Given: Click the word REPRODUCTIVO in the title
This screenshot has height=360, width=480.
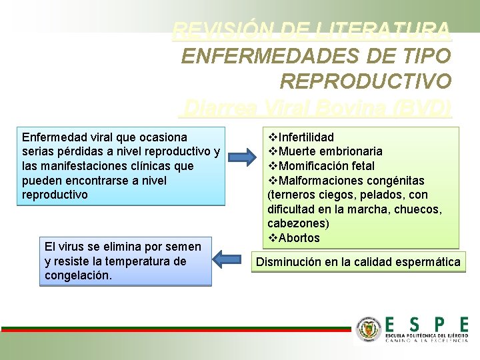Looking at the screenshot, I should tap(365, 80).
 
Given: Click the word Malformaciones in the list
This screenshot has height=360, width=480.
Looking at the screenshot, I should tap(317, 181).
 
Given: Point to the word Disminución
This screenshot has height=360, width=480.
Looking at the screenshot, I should tap(289, 262).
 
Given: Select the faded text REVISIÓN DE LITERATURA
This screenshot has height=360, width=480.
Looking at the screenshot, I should tap(311, 31).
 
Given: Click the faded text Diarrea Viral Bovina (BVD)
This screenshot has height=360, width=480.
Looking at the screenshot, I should tap(317, 107).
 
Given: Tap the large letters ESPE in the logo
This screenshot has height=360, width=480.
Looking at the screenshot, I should tap(426, 325).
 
